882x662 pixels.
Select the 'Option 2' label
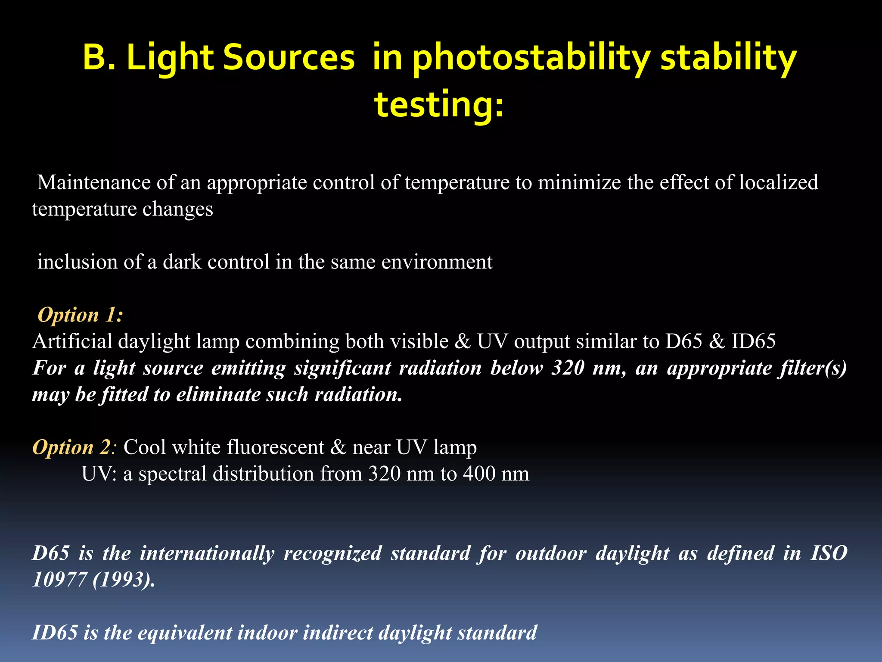[x=72, y=447]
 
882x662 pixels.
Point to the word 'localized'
[x=779, y=182]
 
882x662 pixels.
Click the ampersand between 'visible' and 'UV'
[x=463, y=341]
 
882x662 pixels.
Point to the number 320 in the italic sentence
[x=568, y=368]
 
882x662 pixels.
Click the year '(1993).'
[x=124, y=580]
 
